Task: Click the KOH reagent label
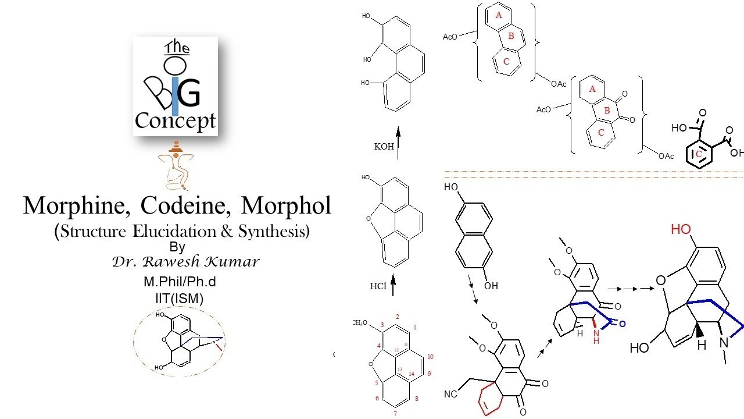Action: coord(384,147)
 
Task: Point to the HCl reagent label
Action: coord(378,286)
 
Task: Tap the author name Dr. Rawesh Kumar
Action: coord(185,262)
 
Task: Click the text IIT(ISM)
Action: coord(176,299)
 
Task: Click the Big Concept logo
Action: coord(176,86)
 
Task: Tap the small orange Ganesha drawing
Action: coord(176,166)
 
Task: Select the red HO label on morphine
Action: coord(681,229)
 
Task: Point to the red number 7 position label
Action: coord(395,414)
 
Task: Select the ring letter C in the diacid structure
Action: coord(699,154)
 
